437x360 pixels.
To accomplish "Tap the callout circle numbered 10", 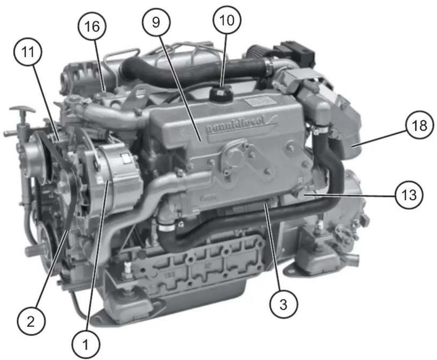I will coord(227,21).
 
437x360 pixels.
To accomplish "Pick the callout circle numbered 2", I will coord(31,321).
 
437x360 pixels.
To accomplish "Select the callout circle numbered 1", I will coord(86,344).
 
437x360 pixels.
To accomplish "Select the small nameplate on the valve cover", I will coord(262,103).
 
